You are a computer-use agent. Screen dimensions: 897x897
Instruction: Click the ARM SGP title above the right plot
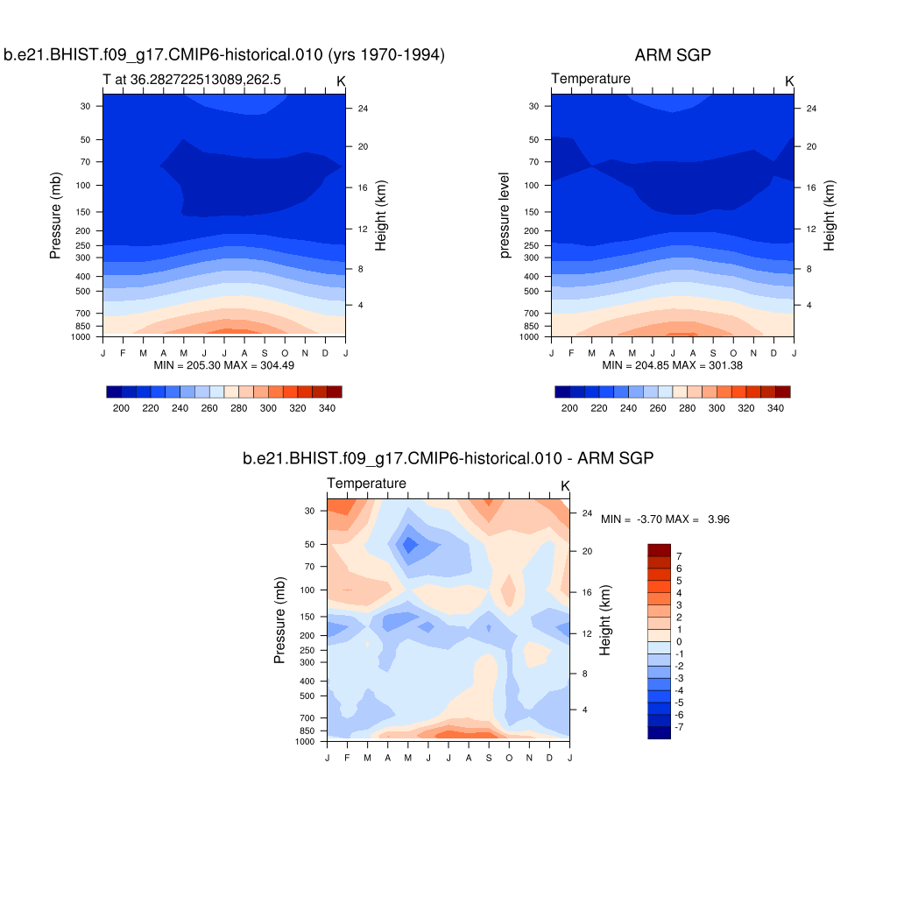672,55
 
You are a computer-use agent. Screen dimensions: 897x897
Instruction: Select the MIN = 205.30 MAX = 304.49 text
223,364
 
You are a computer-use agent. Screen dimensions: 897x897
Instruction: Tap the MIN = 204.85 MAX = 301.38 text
672,364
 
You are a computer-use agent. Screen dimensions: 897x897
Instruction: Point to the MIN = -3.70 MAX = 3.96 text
665,519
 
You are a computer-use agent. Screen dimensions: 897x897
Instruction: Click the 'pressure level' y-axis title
505,215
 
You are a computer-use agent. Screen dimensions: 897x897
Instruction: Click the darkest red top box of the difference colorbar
659,549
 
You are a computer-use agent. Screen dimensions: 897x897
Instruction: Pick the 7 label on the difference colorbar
679,556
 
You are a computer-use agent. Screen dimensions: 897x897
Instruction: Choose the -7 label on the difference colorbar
679,727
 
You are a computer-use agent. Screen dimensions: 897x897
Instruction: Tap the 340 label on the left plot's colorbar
329,408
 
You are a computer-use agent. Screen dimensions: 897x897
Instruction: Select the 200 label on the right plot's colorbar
569,408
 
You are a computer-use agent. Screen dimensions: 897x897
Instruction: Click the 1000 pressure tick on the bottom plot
305,741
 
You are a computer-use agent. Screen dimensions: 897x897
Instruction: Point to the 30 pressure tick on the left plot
86,106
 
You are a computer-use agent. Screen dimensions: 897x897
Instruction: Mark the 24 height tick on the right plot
811,109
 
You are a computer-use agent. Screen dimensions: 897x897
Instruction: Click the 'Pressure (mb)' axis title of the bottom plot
280,620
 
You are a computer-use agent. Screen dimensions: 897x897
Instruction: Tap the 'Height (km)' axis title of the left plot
381,215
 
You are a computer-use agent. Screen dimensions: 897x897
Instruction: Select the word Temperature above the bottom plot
366,484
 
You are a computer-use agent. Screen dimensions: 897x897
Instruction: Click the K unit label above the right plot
789,81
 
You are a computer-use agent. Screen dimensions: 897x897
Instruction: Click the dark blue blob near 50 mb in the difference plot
407,545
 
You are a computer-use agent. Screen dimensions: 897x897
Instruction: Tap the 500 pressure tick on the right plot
533,291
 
